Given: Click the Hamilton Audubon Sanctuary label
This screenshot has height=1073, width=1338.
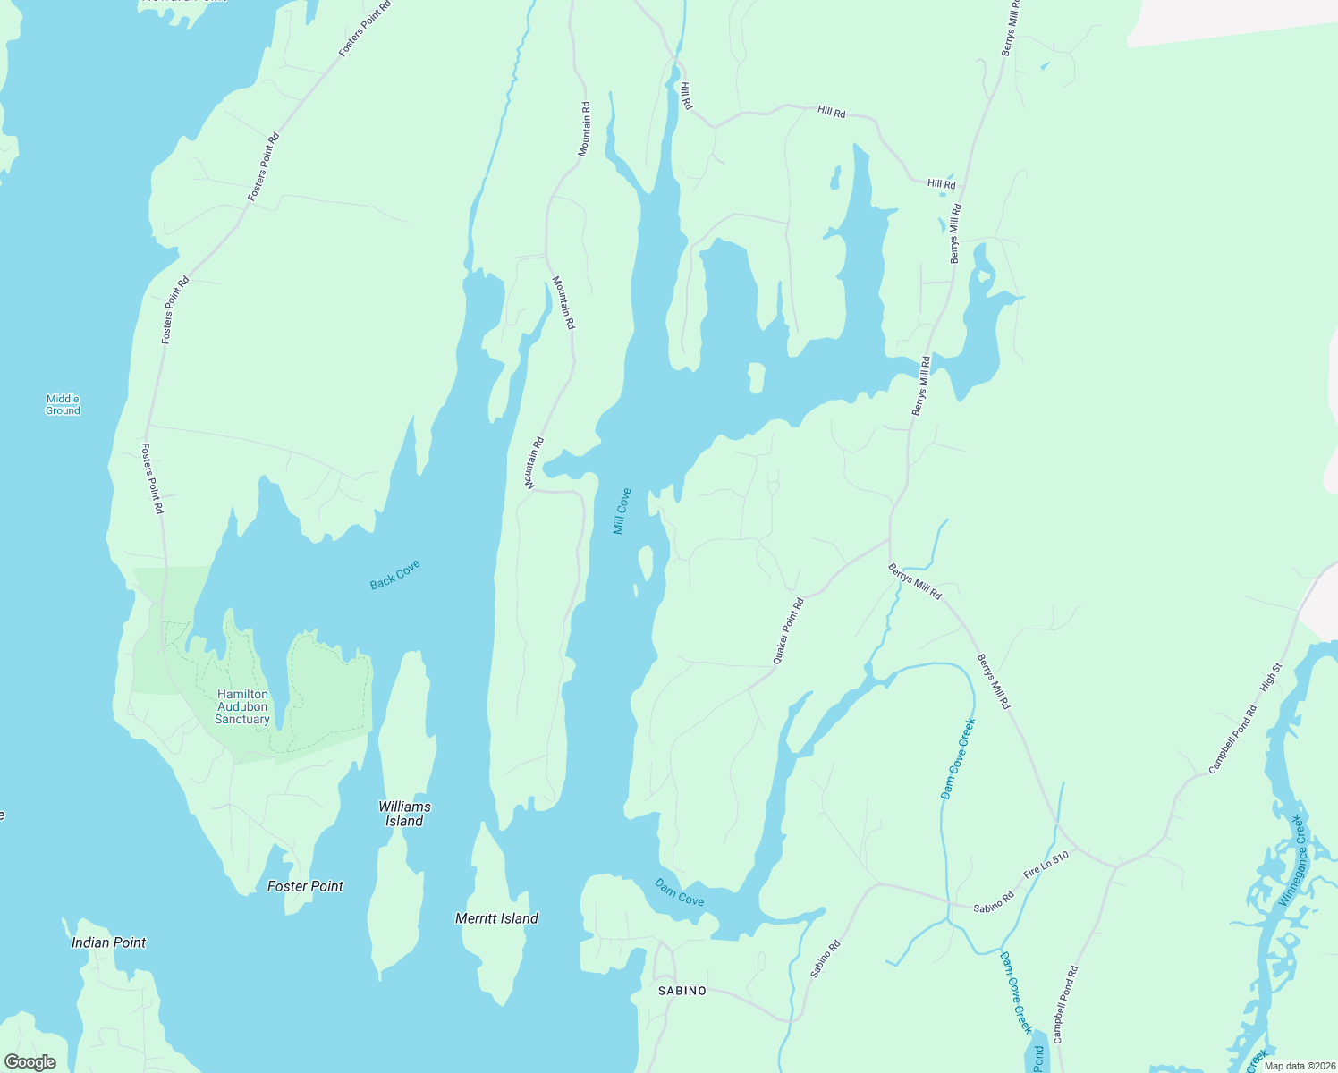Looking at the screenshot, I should [242, 706].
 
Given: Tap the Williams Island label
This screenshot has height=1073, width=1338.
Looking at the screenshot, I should [404, 814].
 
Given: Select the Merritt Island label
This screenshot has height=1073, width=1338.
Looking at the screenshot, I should [496, 918].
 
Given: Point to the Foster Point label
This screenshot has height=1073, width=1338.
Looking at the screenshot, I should [305, 886].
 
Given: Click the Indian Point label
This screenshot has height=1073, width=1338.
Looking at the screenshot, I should [108, 942].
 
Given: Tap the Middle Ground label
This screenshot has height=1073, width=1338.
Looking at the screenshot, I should [63, 405].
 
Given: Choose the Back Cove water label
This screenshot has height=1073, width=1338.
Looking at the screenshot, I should [394, 575].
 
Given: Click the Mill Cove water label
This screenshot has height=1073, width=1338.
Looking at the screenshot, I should [622, 511].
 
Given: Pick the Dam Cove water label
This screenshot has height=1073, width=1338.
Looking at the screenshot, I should [679, 892].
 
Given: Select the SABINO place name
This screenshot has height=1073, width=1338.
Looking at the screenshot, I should [682, 991].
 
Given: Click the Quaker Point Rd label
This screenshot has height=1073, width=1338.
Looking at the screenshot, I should [788, 631].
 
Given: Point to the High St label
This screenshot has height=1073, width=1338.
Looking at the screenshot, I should [1271, 677].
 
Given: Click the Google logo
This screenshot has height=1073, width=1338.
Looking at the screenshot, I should [30, 1062].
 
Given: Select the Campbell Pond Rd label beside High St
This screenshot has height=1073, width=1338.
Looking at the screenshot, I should [1232, 739].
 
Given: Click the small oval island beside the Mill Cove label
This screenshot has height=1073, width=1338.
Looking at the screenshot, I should [646, 564].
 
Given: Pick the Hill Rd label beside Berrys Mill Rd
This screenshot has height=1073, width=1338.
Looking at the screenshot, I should [941, 184].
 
